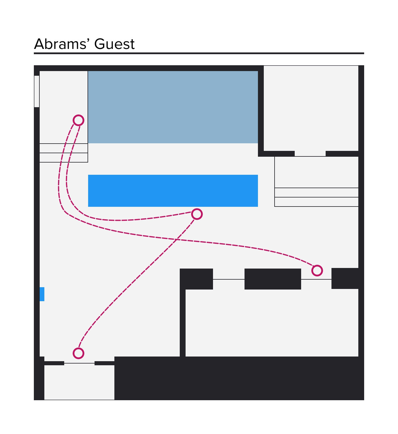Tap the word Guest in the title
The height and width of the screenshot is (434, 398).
pos(114,44)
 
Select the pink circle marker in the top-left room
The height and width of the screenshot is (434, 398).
pos(78,120)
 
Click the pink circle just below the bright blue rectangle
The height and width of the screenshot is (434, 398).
pos(197,214)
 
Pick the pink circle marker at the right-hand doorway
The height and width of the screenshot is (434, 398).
pos(317,271)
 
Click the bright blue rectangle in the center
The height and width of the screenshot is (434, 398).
pos(173,191)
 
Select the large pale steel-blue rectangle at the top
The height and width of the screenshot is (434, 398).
pos(173,107)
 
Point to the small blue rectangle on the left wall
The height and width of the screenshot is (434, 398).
pos(42,294)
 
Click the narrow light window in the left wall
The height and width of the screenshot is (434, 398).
pos(37,91)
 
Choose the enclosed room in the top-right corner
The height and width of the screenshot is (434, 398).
pos(311,108)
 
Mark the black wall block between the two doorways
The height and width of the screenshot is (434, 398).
pos(273,279)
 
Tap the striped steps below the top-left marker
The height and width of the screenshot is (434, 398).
pos(64,153)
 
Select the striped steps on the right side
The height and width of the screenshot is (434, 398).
pos(317,197)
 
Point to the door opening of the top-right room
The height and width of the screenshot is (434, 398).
pos(310,154)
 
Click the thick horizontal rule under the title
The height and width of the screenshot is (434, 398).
pos(199,53)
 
